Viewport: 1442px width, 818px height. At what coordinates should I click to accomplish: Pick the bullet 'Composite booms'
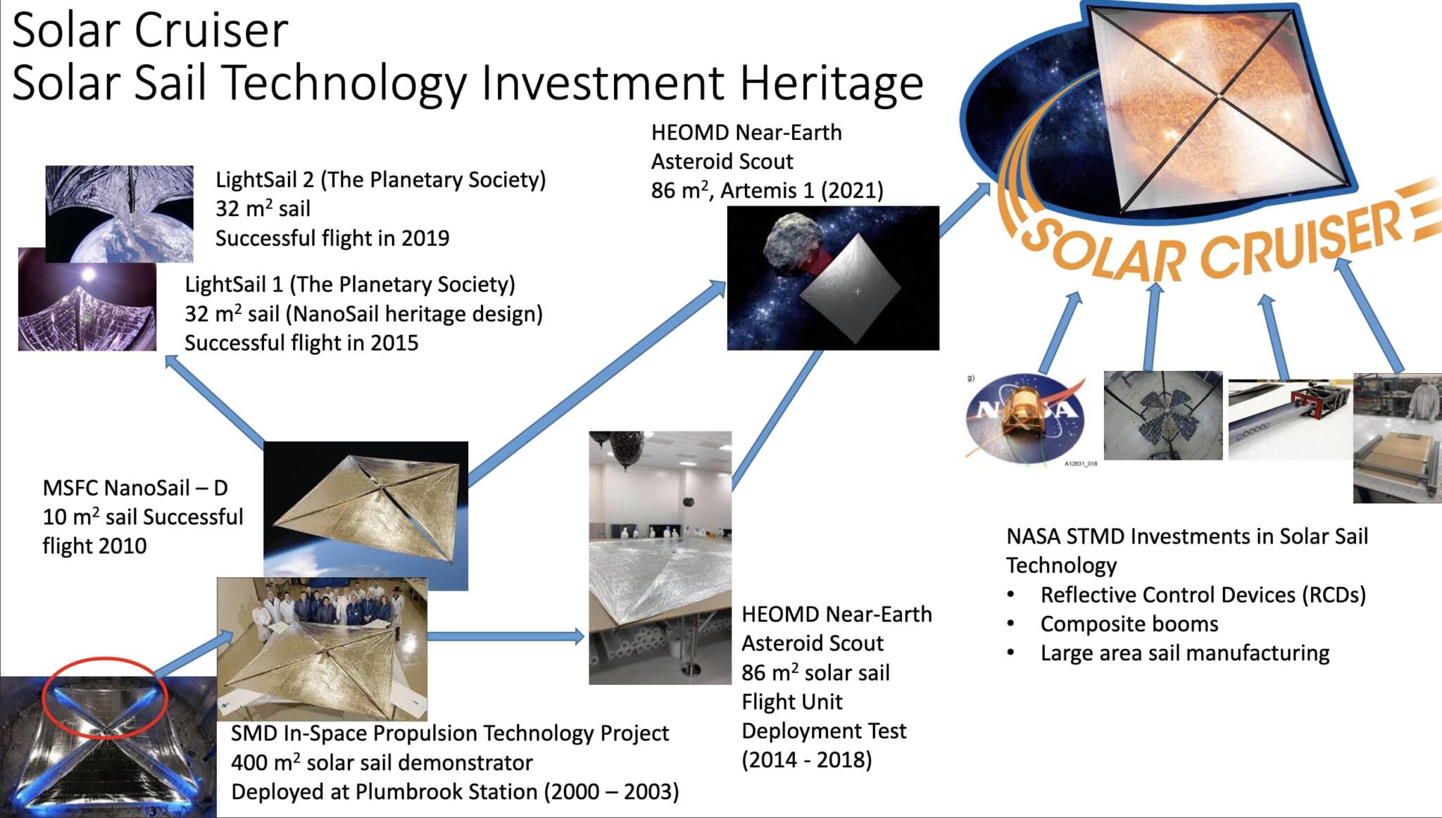[x=1129, y=624]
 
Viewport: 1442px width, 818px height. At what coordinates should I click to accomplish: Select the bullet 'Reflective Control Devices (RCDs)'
[x=1203, y=595]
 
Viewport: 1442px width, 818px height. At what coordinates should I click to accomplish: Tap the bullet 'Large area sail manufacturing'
[x=1184, y=653]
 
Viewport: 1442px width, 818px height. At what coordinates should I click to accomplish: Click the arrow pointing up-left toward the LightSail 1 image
[x=215, y=401]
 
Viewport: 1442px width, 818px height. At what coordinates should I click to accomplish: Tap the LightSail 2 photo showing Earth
[x=120, y=211]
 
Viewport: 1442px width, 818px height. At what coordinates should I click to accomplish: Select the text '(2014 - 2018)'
[x=806, y=760]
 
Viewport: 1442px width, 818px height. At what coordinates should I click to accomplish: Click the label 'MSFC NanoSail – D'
[x=135, y=488]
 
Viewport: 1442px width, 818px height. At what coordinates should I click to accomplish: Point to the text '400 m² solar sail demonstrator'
[x=382, y=763]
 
